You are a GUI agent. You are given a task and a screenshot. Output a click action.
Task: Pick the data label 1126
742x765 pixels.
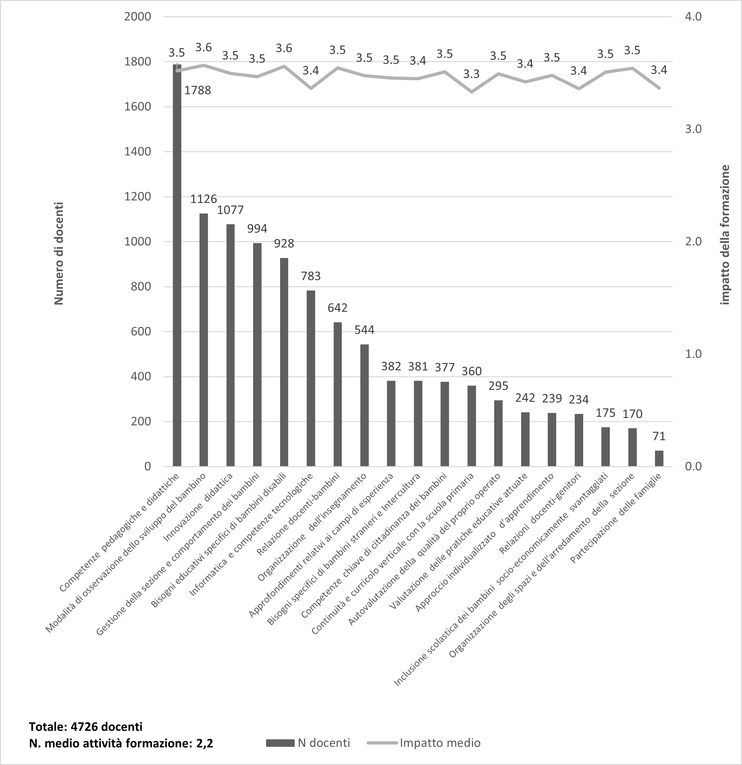click(203, 199)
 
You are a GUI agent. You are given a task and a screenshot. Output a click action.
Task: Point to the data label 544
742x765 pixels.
click(364, 330)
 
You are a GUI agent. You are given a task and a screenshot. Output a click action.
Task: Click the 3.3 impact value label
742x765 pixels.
click(471, 74)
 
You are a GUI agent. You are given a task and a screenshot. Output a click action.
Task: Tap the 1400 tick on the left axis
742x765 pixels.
click(137, 152)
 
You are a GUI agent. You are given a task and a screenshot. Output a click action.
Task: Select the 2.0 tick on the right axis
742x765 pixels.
click(693, 242)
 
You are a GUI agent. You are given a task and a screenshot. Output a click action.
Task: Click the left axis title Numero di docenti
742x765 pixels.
click(58, 253)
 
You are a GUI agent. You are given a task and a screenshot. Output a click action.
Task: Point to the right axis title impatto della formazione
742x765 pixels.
click(725, 235)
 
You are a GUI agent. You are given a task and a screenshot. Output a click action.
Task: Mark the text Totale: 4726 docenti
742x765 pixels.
click(85, 726)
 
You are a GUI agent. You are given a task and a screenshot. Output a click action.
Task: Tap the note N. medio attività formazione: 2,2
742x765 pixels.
click(121, 743)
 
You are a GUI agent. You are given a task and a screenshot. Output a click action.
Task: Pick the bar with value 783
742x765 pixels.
click(311, 378)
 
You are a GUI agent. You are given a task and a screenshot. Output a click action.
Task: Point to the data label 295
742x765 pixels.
click(498, 386)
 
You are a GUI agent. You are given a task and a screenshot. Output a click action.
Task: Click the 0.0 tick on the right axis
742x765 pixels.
click(693, 466)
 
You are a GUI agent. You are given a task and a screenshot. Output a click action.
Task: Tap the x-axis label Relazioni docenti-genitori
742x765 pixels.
click(540, 513)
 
